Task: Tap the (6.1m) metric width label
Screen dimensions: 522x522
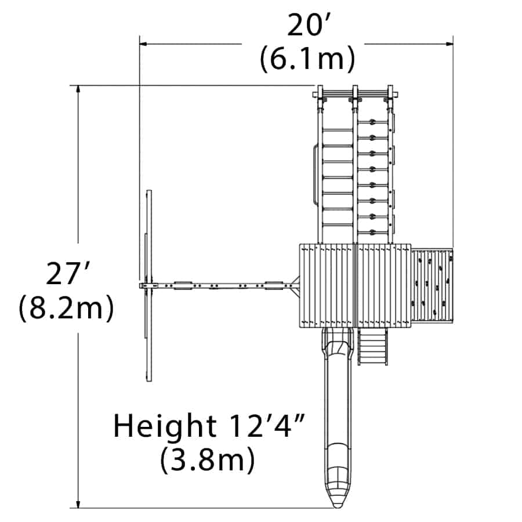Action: coord(307,59)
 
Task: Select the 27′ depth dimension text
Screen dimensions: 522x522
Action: coord(67,274)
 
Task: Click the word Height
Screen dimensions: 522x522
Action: coord(165,427)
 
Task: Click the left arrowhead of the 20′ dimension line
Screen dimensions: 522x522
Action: coord(143,43)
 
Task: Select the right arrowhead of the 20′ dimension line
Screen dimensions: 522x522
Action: coord(449,43)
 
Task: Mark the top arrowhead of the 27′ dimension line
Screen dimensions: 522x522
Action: coord(78,89)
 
